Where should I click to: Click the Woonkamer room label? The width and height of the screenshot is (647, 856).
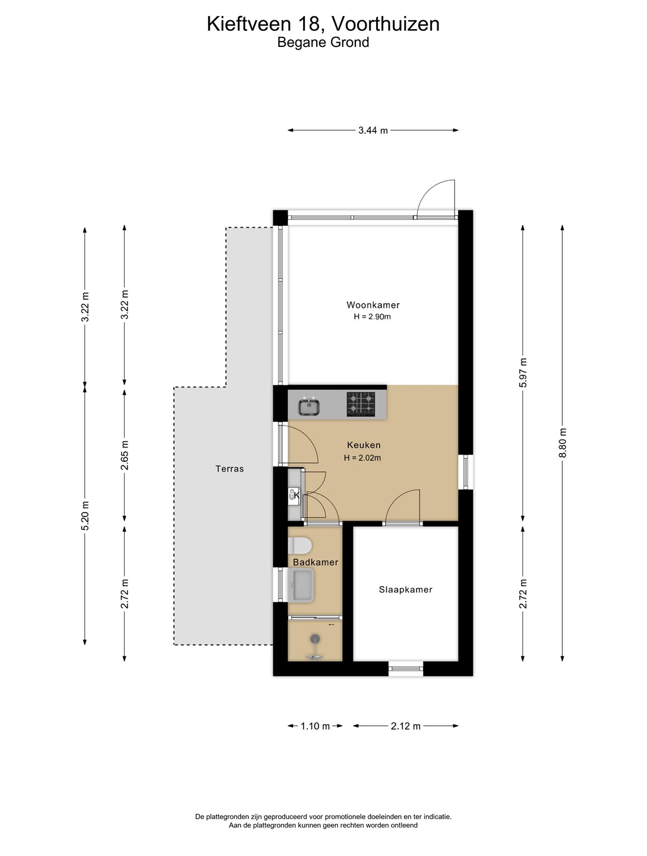tap(373, 305)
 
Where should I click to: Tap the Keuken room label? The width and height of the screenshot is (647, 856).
tap(364, 445)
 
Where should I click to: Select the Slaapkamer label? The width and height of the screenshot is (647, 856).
tap(405, 589)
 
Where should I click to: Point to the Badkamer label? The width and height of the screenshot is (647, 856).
tap(315, 562)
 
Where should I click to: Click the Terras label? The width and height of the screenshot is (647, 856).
tap(229, 469)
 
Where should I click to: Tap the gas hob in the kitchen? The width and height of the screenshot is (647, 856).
tap(361, 404)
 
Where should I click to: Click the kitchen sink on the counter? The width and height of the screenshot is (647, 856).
tap(309, 407)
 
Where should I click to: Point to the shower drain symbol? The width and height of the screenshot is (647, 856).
tap(315, 638)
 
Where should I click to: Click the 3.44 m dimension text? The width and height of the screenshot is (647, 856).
tap(373, 131)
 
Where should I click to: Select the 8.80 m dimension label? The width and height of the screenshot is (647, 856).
tap(563, 443)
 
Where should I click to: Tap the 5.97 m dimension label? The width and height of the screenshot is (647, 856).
tap(523, 373)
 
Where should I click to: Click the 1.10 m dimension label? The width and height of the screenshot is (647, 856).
tap(315, 726)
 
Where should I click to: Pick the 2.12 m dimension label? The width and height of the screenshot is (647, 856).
tap(405, 726)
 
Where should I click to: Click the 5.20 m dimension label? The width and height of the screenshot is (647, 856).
tap(85, 515)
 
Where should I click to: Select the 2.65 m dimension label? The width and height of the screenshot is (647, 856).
tap(124, 455)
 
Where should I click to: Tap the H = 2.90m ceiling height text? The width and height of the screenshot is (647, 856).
tap(373, 317)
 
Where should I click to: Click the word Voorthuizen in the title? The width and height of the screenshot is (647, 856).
tap(385, 24)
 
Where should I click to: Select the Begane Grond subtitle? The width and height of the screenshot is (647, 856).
tap(323, 42)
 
